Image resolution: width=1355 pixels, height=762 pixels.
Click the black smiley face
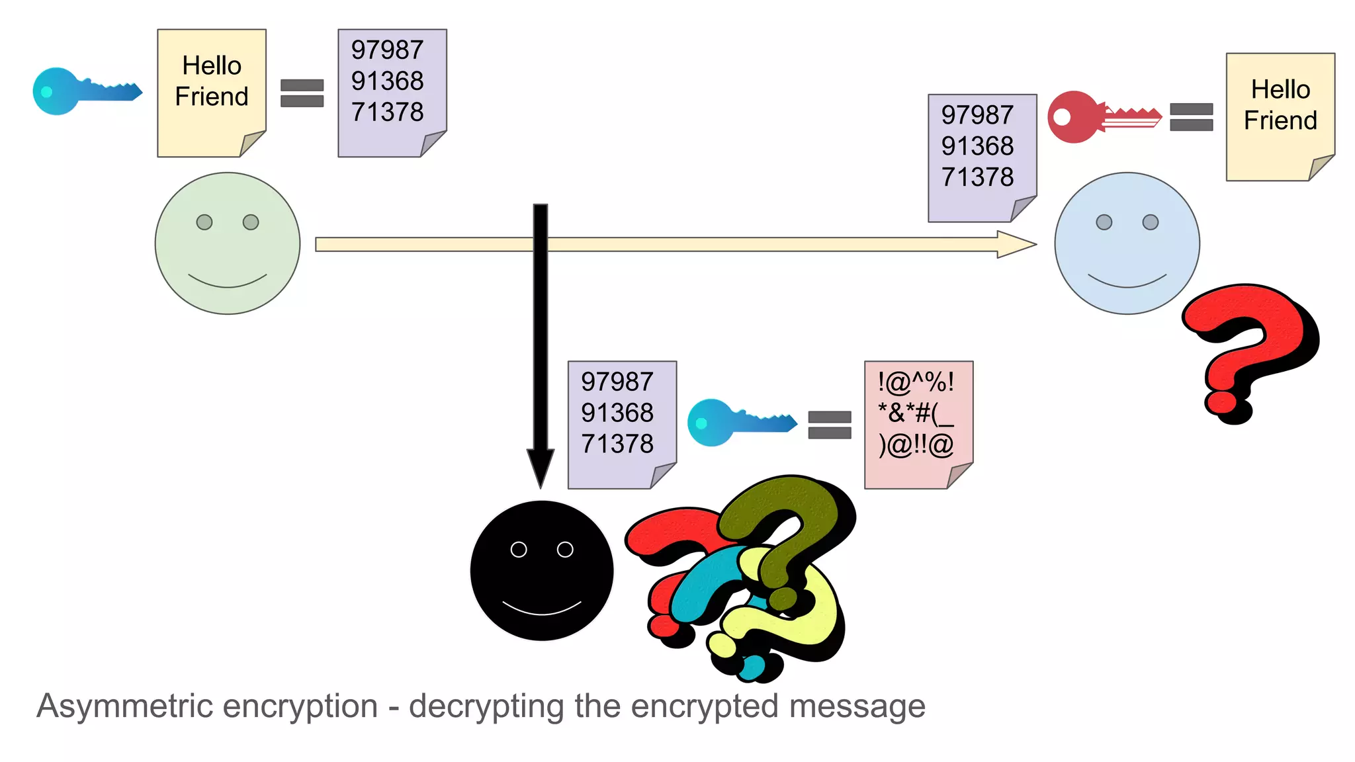[x=542, y=571]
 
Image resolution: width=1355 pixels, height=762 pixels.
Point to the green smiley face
[x=228, y=243]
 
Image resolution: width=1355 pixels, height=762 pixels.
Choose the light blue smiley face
[x=1127, y=243]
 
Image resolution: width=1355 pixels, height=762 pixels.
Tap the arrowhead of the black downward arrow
[x=541, y=467]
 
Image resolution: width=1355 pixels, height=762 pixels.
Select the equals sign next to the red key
[x=1191, y=117]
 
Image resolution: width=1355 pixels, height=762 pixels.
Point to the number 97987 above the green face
[x=387, y=50]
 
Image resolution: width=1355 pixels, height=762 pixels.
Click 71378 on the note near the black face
[x=617, y=444]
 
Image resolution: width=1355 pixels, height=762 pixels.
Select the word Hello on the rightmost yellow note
[x=1280, y=90]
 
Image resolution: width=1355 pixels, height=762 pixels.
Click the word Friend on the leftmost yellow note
[x=212, y=97]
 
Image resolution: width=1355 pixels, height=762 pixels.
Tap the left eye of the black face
[x=519, y=550]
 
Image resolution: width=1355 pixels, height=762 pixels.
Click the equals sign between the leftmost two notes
[x=302, y=93]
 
